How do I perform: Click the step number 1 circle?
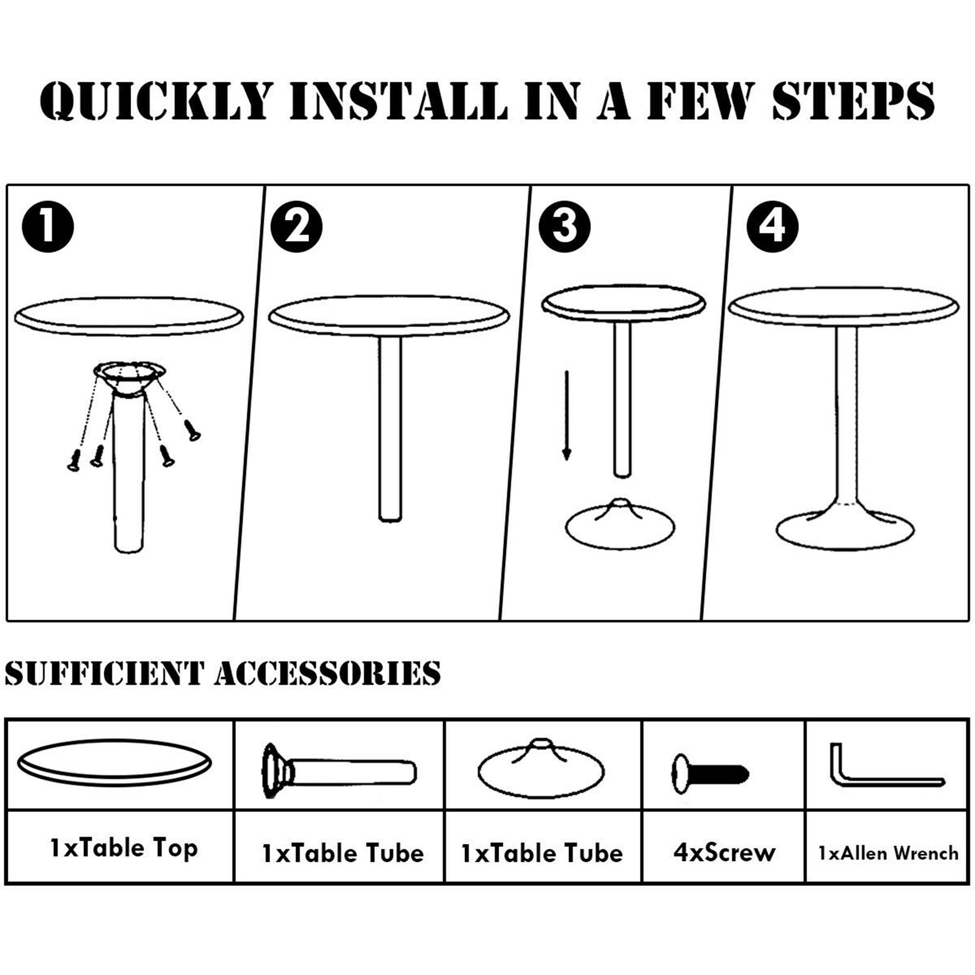pos(48,227)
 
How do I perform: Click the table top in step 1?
pos(129,317)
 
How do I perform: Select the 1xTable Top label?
pos(124,848)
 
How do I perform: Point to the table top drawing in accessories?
pos(115,762)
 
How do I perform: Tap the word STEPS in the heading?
pos(853,102)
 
